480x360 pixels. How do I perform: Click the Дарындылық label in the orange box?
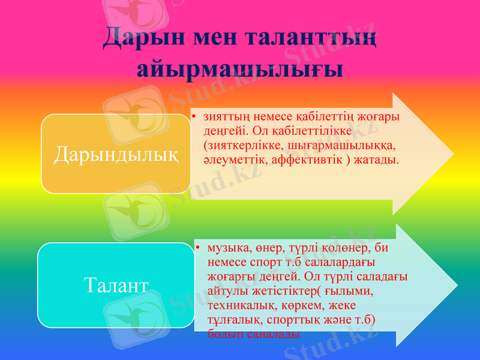click(x=116, y=154)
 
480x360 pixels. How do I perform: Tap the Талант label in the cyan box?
click(x=116, y=284)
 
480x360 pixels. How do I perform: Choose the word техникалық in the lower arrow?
click(x=238, y=305)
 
